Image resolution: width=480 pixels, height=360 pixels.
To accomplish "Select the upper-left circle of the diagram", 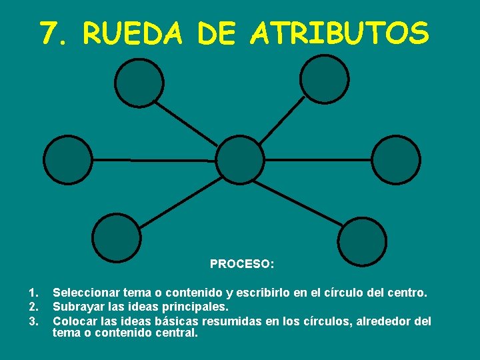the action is pyautogui.click(x=139, y=83).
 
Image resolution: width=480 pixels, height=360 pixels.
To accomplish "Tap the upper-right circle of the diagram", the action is pyautogui.click(x=324, y=79).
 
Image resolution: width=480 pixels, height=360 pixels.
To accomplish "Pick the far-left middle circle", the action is pyautogui.click(x=68, y=160).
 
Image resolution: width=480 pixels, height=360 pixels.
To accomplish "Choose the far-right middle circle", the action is pyautogui.click(x=396, y=160).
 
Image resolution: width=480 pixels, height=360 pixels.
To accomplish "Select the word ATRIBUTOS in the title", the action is pyautogui.click(x=340, y=33).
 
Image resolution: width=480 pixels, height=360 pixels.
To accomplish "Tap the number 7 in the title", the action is pyautogui.click(x=49, y=33).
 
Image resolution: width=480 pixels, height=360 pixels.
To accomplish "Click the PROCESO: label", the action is pyautogui.click(x=242, y=264).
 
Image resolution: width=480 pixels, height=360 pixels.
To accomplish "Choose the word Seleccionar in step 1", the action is pyautogui.click(x=85, y=292).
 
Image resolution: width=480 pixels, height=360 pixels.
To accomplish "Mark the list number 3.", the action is pyautogui.click(x=34, y=321).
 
